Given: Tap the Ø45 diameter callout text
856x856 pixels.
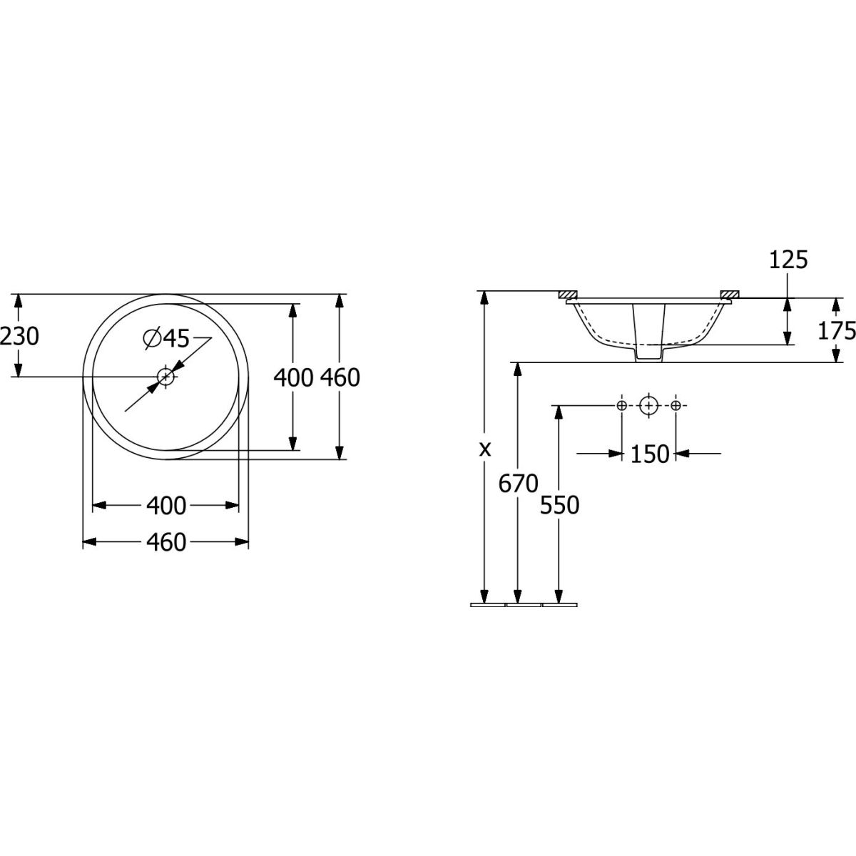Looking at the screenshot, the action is click(166, 339).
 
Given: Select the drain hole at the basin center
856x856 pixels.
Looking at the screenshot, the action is click(166, 377).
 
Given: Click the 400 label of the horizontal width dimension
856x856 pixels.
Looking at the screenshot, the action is click(166, 506).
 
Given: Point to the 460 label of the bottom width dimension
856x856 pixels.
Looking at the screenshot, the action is click(166, 542).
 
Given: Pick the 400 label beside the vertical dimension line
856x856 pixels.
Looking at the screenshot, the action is click(293, 377).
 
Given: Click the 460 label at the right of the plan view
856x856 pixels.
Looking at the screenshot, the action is click(340, 377).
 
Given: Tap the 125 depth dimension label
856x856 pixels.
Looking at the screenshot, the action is click(788, 260).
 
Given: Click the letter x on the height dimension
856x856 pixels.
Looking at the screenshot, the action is click(485, 449).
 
